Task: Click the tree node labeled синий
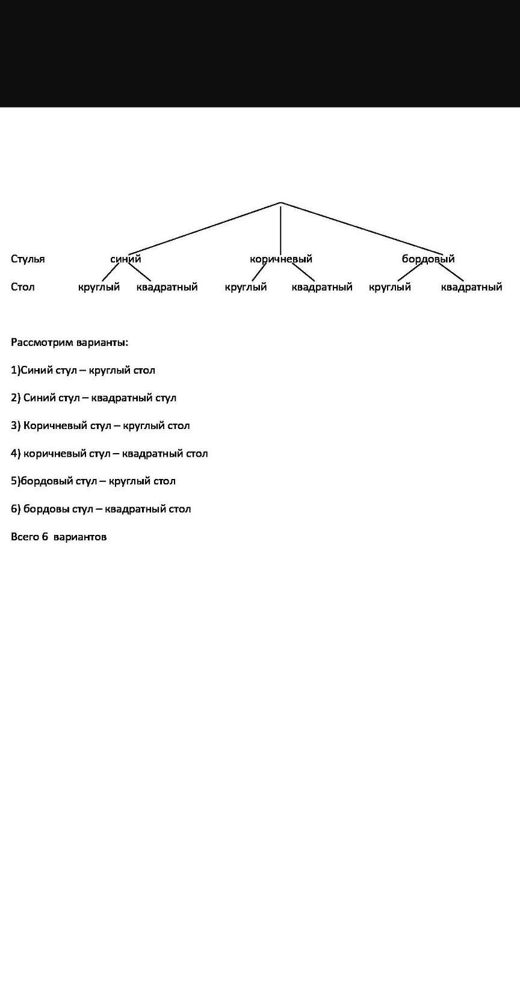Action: click(x=126, y=259)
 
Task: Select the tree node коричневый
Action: click(x=281, y=259)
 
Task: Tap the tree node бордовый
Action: click(x=428, y=259)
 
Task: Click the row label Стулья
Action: click(x=28, y=259)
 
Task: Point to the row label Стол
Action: click(x=22, y=286)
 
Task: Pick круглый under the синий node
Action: click(x=99, y=287)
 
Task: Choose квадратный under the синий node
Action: click(x=167, y=287)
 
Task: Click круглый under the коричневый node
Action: click(x=246, y=287)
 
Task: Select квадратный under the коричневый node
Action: click(x=322, y=287)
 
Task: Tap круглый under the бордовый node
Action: click(x=390, y=287)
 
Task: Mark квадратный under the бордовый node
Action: click(x=471, y=287)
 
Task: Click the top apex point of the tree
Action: click(x=280, y=203)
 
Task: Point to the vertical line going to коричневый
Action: click(x=280, y=228)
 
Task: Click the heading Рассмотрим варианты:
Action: click(x=70, y=342)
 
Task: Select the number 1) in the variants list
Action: click(x=15, y=370)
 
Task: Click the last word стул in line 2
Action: click(x=166, y=398)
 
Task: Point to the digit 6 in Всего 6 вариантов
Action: click(x=45, y=537)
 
